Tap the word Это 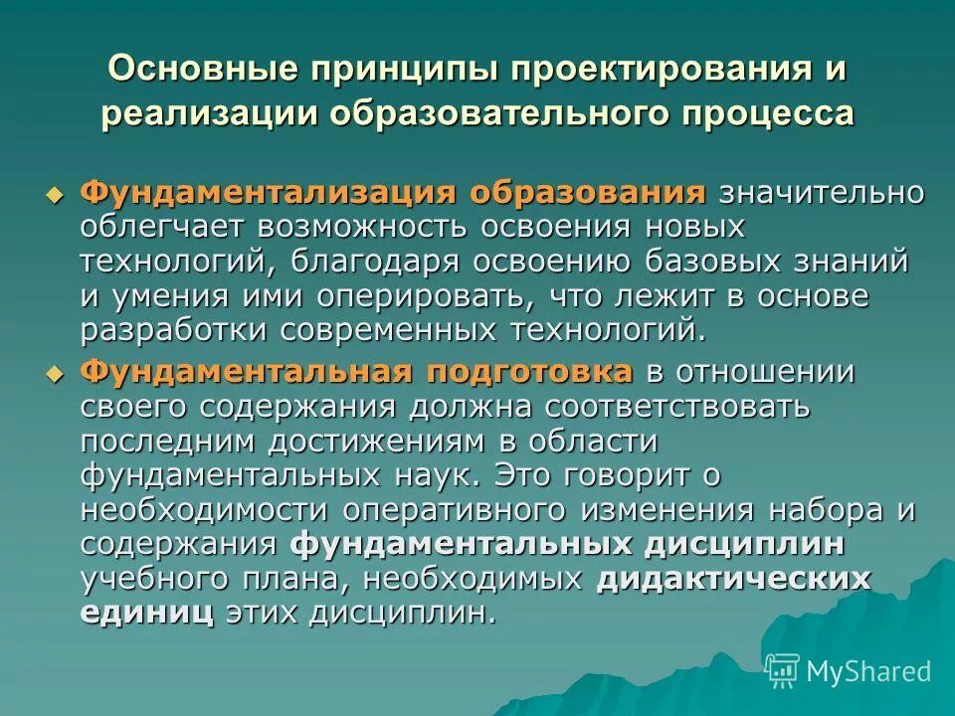point(523,475)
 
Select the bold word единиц point(147,613)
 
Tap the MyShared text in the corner point(868,670)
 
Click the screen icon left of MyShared point(783,669)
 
